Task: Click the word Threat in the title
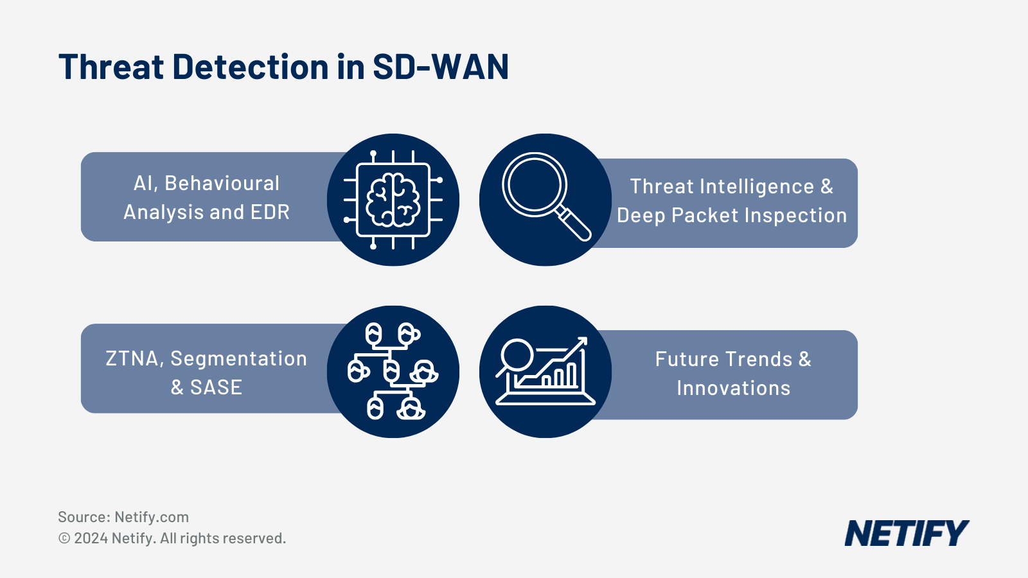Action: click(111, 67)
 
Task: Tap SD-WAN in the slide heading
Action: click(441, 67)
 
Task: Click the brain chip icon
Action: click(393, 200)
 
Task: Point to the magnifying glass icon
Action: click(545, 199)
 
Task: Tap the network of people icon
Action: click(393, 372)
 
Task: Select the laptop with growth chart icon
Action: click(545, 372)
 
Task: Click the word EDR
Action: click(269, 213)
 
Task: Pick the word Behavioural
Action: click(222, 184)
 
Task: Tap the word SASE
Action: click(216, 388)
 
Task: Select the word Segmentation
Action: click(239, 359)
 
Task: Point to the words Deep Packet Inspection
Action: click(732, 216)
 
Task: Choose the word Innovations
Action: click(733, 389)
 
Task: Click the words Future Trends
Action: click(723, 360)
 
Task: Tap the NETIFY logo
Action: click(906, 534)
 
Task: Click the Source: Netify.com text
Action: click(123, 517)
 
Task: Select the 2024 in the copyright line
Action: click(91, 538)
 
